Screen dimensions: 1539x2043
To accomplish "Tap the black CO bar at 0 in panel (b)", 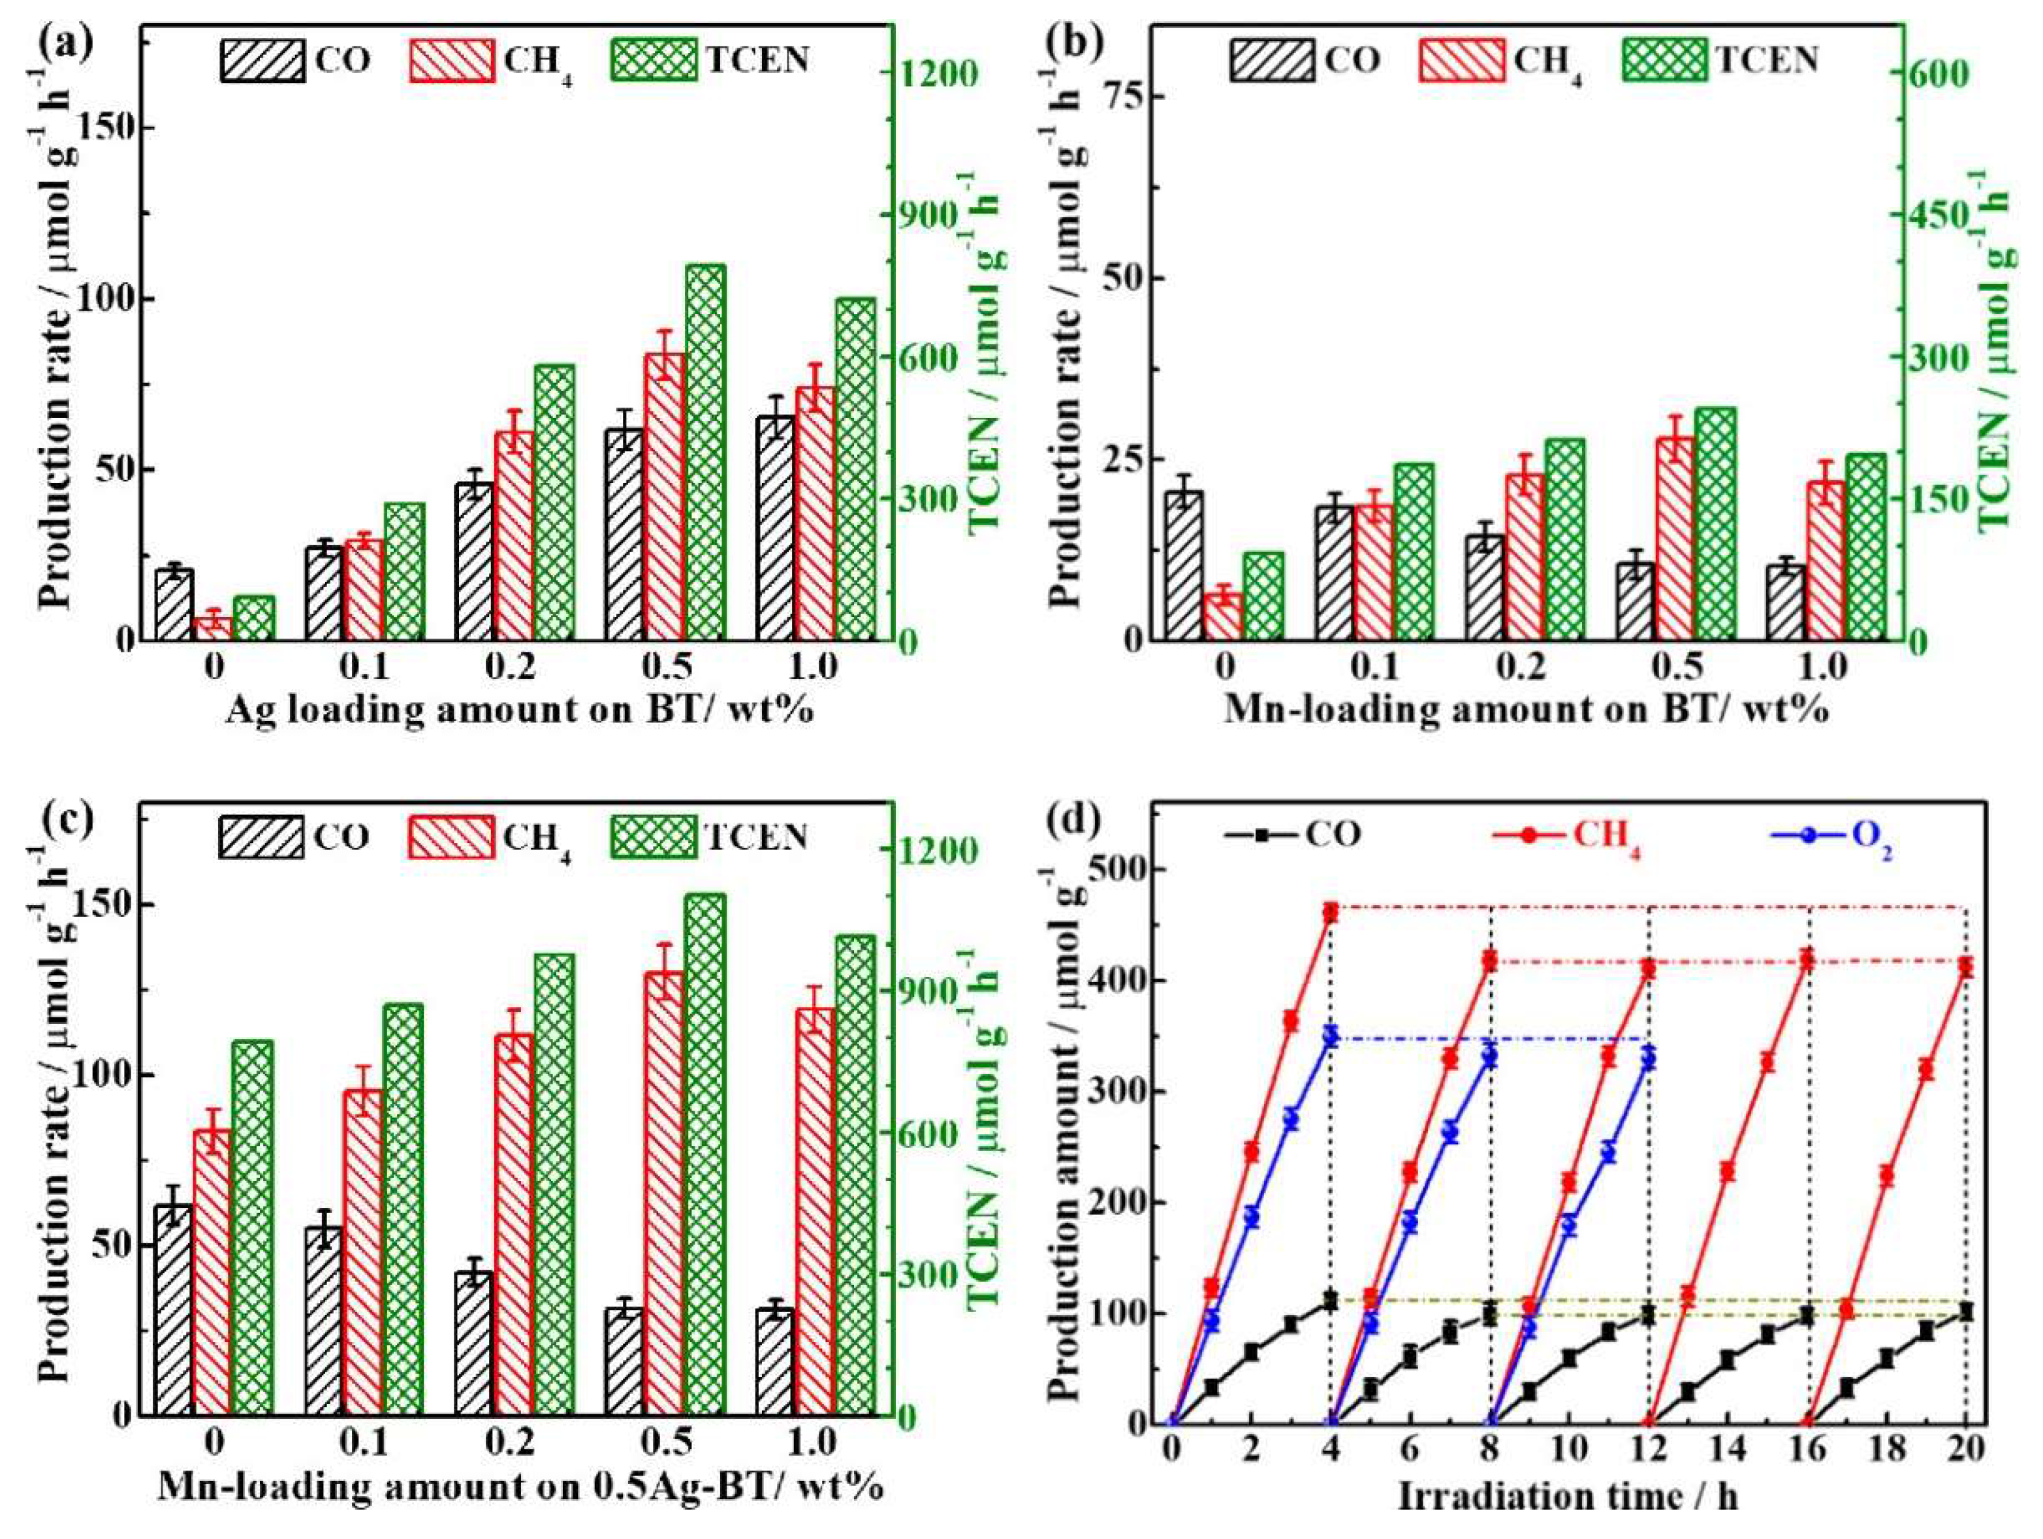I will [1183, 565].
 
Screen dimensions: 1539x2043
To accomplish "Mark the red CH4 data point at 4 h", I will [1330, 913].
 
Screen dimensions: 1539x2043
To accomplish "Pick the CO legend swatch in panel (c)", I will [261, 838].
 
